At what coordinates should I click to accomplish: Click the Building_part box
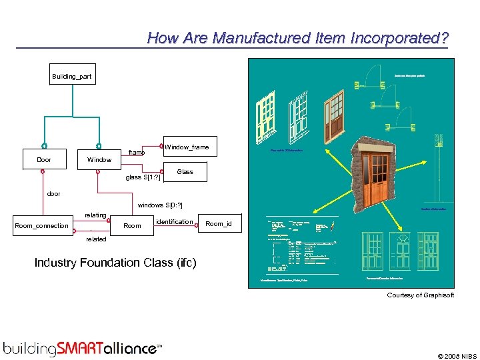72,77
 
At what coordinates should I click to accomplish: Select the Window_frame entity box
186,147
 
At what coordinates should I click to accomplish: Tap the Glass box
185,172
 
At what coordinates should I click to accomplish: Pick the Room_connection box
41,226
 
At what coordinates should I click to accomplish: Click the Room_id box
218,224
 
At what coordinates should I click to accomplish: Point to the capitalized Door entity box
43,160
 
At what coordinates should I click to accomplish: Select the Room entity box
132,226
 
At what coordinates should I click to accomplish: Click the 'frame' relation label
137,153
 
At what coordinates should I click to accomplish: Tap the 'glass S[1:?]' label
143,177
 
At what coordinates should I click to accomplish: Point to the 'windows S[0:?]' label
159,205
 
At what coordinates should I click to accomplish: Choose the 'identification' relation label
174,221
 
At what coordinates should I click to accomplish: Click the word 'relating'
95,215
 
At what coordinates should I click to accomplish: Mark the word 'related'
95,239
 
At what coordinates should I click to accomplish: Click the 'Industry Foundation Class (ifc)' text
115,263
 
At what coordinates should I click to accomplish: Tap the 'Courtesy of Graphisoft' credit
420,295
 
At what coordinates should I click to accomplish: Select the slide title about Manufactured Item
297,38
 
